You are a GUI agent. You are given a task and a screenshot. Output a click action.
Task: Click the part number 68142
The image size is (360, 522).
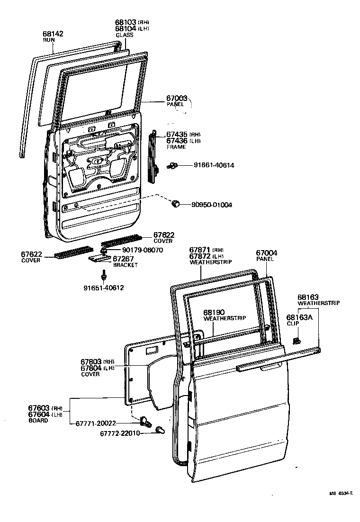click(x=53, y=34)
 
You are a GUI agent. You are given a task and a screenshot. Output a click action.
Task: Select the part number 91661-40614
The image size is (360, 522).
click(x=214, y=165)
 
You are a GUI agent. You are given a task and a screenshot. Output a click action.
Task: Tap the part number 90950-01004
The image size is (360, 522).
click(x=212, y=205)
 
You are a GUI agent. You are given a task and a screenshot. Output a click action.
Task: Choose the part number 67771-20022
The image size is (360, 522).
click(x=95, y=423)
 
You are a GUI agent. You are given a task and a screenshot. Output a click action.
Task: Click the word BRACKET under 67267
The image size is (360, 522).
click(x=125, y=265)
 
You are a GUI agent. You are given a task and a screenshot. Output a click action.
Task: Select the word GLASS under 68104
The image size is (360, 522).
click(x=125, y=35)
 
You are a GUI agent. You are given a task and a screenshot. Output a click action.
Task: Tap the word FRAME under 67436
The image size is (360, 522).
click(x=176, y=147)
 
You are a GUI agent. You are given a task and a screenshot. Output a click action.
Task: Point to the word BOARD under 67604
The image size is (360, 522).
click(x=38, y=420)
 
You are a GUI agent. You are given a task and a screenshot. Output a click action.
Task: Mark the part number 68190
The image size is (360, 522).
click(x=215, y=313)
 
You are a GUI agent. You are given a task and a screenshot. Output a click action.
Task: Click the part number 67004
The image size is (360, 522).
click(x=267, y=253)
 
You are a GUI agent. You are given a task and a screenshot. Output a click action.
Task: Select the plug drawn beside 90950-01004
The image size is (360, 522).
click(x=175, y=204)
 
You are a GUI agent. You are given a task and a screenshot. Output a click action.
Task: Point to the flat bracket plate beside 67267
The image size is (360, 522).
click(x=99, y=259)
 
